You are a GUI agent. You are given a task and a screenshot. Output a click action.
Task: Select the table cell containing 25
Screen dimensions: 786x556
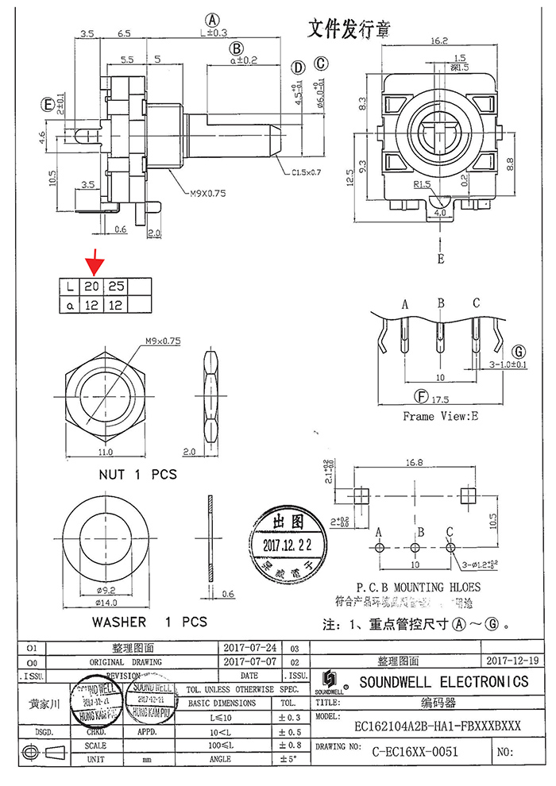point(116,286)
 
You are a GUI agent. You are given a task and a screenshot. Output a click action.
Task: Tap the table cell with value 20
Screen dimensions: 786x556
point(93,286)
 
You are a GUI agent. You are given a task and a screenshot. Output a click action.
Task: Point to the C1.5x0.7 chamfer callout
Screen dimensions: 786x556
point(307,171)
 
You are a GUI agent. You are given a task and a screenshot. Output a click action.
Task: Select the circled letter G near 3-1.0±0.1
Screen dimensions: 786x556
point(518,350)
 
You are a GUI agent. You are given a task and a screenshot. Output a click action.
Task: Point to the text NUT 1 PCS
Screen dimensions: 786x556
point(137,475)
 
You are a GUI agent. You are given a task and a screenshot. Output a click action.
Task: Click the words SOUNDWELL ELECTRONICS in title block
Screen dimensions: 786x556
point(443,681)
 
